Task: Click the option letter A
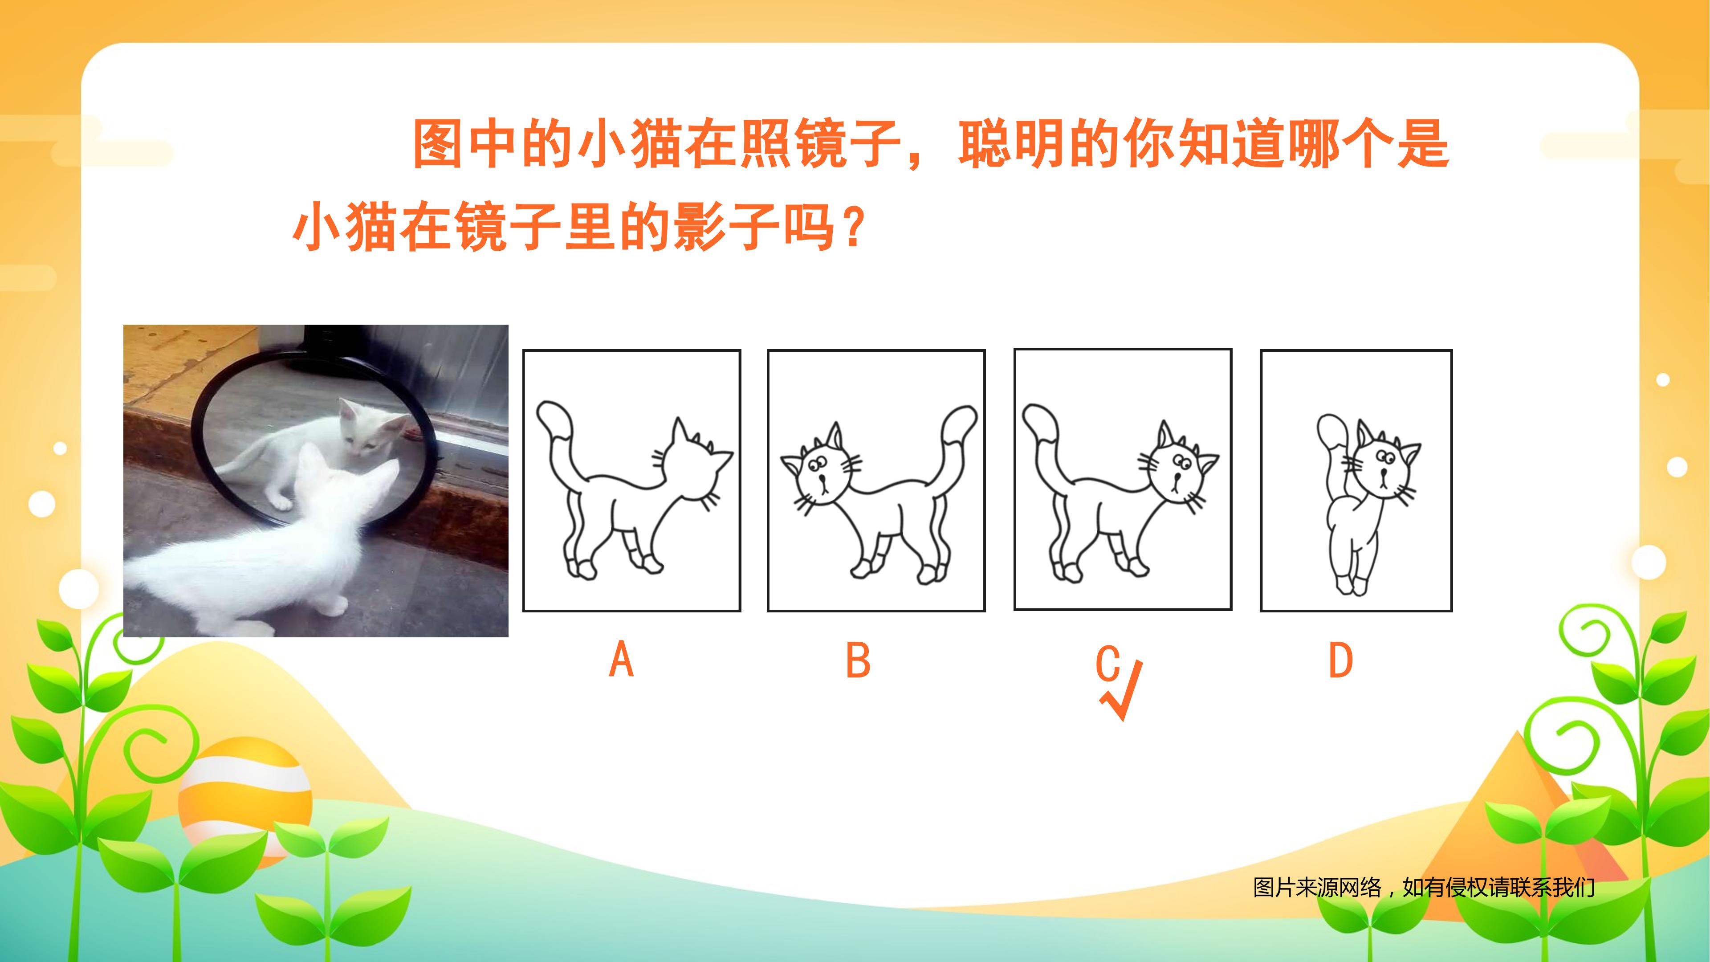[x=621, y=659]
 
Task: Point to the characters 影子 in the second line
[x=726, y=227]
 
